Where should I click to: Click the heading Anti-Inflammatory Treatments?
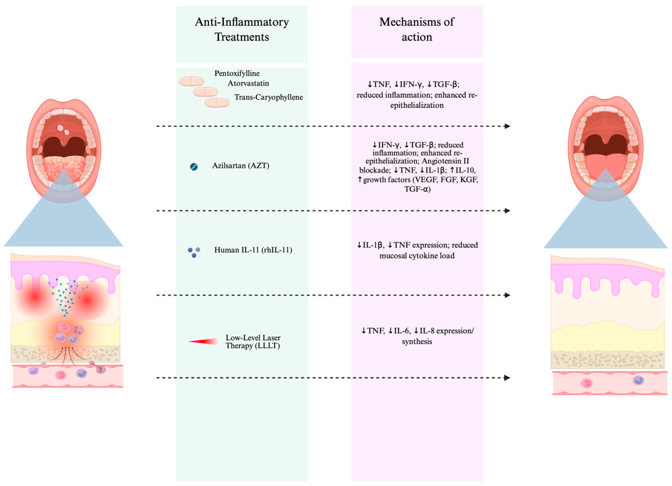coord(242,29)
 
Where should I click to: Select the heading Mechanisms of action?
coord(417,29)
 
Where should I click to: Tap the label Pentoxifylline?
coord(237,73)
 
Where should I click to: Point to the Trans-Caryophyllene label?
coord(268,97)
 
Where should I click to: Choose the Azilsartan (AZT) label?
coord(240,166)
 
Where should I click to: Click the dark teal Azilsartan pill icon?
coord(194,167)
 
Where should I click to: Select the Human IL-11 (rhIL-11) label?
coord(253,250)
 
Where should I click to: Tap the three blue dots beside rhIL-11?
coord(194,252)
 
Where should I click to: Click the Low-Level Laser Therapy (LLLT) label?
coord(253,342)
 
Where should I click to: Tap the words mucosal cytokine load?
coord(417,256)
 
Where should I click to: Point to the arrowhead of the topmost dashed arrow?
coord(507,126)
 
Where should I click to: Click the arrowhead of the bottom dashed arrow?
coord(507,378)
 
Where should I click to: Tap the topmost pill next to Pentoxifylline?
coord(191,81)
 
